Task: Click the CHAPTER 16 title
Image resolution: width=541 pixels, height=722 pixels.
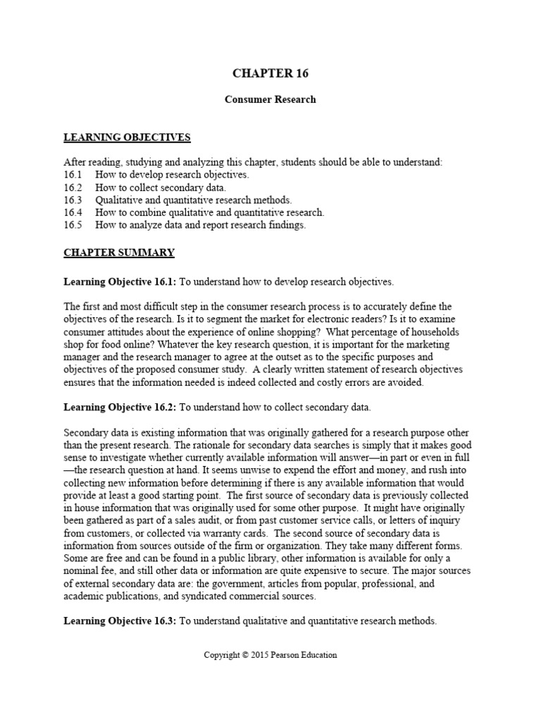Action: (270, 73)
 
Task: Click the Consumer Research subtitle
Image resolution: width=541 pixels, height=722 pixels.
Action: (270, 99)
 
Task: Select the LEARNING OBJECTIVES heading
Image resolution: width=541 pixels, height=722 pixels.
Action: (127, 137)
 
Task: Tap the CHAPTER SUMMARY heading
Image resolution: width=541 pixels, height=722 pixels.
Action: (119, 252)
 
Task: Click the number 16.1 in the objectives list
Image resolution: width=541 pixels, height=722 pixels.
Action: (73, 175)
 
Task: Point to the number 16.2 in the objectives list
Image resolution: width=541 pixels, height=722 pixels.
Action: (73, 188)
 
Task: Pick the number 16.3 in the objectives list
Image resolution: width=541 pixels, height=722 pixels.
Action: (73, 200)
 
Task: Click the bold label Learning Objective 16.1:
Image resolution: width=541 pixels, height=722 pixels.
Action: (120, 282)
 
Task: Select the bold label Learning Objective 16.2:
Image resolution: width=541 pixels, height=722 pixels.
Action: (120, 408)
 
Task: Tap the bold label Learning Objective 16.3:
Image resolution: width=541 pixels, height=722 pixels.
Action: (120, 621)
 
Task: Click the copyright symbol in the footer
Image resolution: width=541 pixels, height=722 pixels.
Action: (244, 655)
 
